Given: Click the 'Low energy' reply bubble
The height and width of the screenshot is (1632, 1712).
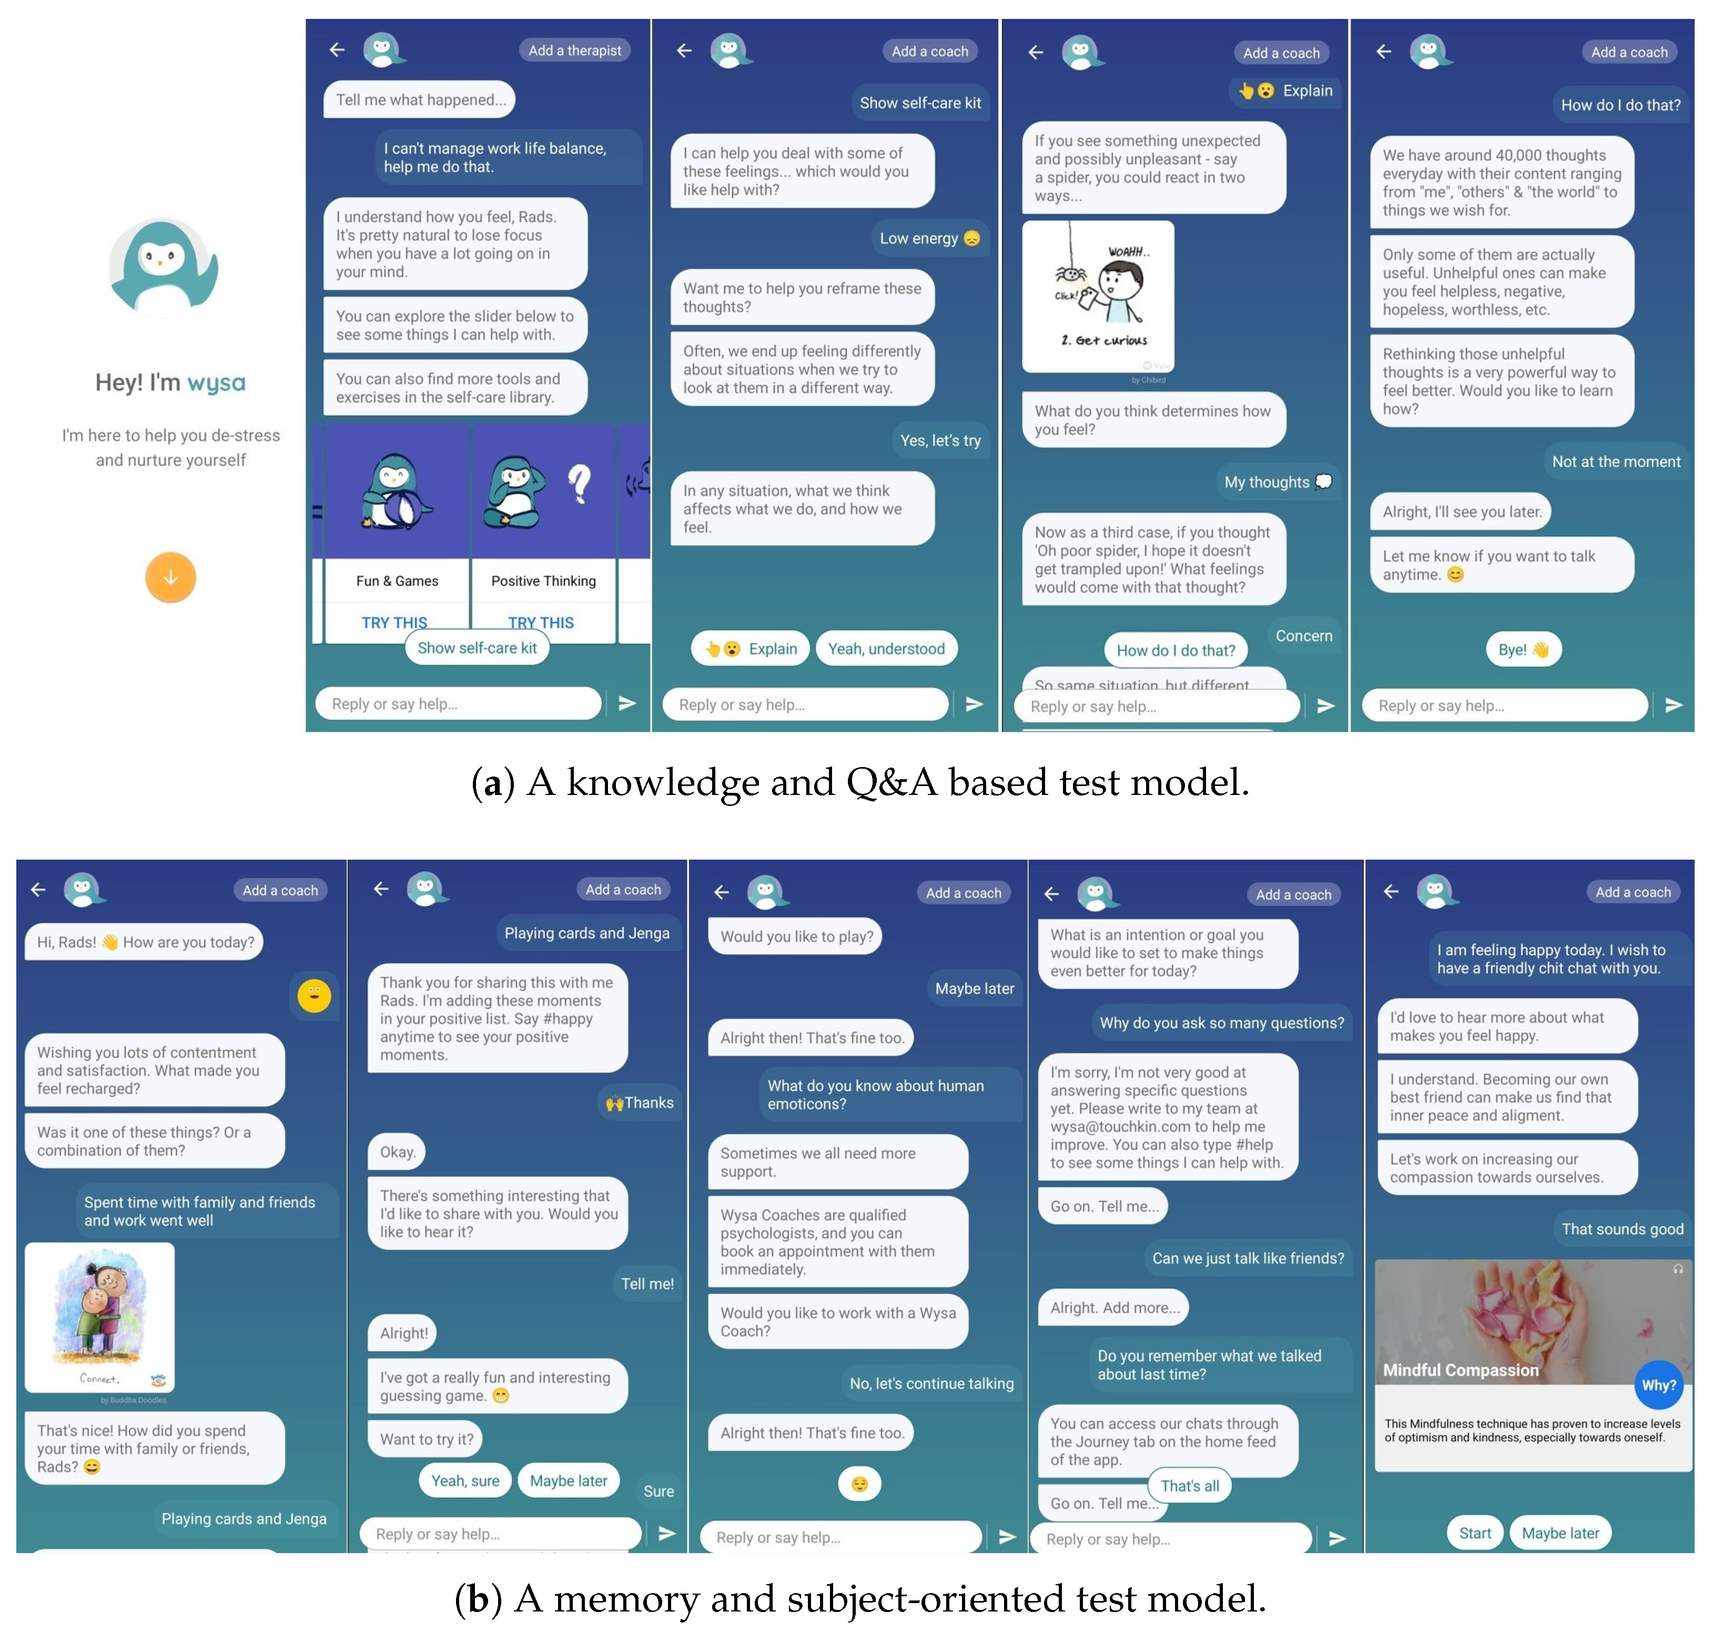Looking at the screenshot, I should [x=929, y=238].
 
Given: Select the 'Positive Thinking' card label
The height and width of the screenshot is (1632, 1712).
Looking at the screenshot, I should [x=543, y=581].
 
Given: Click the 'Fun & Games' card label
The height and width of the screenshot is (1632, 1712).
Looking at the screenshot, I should [x=397, y=581].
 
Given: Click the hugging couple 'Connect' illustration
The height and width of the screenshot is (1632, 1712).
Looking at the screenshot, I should [x=99, y=1316].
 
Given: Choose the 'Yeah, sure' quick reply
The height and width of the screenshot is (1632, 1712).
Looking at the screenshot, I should [x=465, y=1481].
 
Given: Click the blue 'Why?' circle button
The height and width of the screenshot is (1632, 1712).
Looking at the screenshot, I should [x=1657, y=1385].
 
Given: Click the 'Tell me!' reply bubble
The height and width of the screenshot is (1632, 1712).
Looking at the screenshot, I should [x=647, y=1283].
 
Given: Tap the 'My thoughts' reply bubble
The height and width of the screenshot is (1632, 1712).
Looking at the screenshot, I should [x=1276, y=482].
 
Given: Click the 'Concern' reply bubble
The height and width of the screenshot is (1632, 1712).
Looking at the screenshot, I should [x=1303, y=636].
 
